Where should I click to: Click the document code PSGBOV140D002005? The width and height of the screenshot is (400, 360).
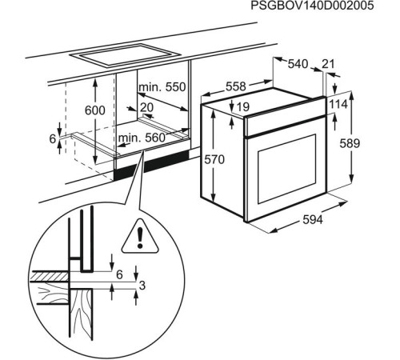click(323, 6)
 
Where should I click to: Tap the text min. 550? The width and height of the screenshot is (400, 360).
click(162, 86)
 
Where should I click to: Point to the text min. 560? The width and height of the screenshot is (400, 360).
click(142, 138)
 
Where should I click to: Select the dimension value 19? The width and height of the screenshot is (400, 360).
click(242, 106)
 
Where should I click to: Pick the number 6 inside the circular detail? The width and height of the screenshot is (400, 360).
click(119, 274)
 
